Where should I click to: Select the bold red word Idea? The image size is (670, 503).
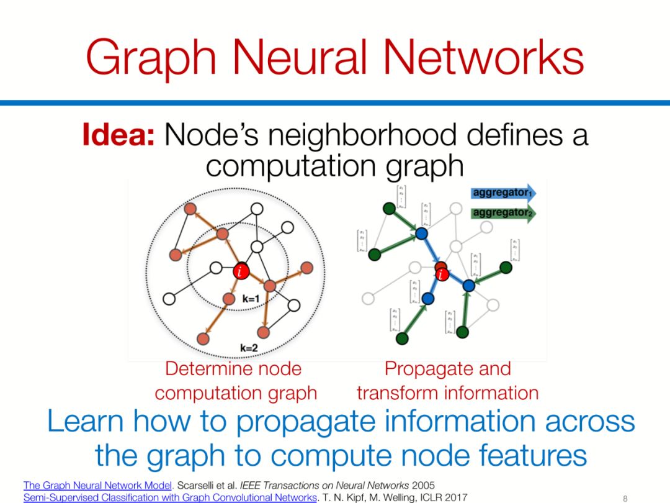coord(118,135)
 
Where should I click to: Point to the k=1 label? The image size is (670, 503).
coord(251,299)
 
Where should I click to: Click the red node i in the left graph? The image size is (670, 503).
coord(240,271)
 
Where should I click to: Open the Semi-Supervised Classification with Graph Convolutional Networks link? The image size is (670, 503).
coord(170,497)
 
